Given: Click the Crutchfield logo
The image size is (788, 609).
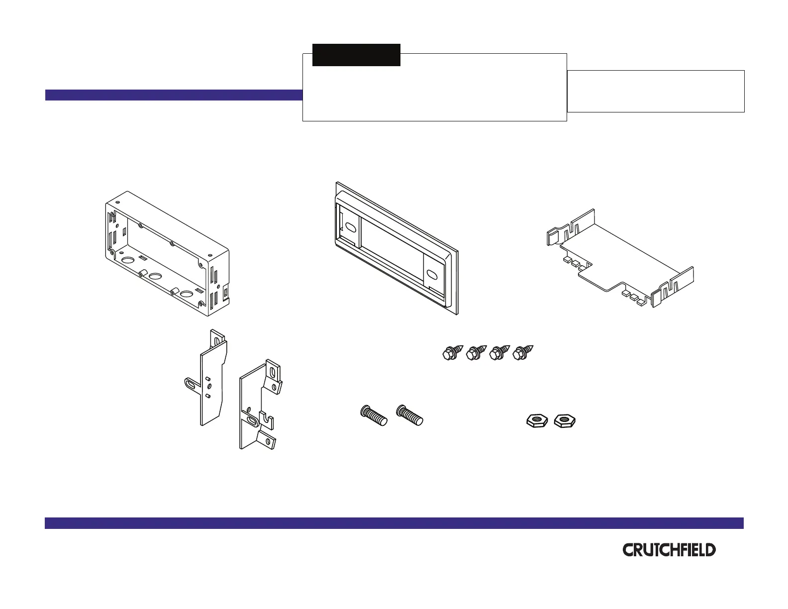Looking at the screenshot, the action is coord(669,550).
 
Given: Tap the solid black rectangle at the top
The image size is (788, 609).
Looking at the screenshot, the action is coord(356,55).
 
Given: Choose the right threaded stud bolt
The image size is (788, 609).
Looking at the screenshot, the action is coord(410,414).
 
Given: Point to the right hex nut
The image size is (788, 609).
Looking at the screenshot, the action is coord(565,421).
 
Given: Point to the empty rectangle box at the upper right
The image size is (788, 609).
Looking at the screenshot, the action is coord(656,91).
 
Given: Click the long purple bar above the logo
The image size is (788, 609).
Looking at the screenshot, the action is coord(394,523).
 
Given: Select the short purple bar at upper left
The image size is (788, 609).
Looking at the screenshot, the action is coord(174,95).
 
